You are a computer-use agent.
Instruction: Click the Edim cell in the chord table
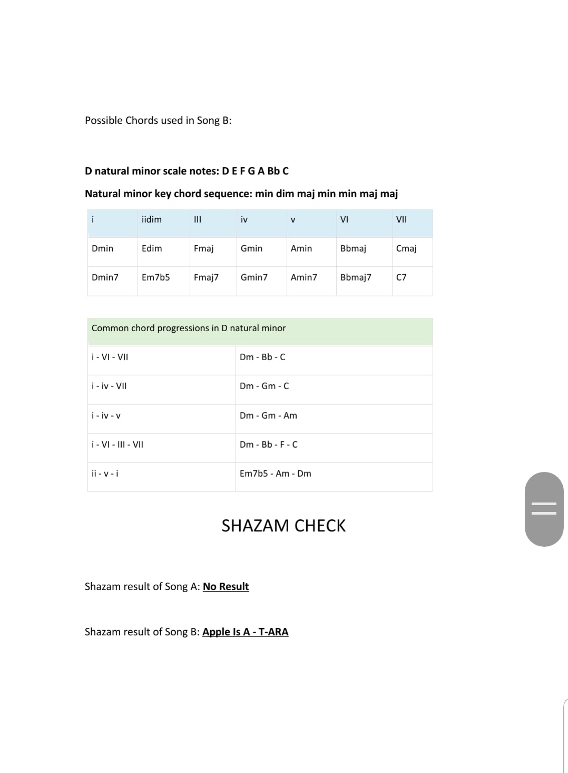152,248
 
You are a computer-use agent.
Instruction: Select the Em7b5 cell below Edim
155,277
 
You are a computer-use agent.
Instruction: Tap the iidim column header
152,219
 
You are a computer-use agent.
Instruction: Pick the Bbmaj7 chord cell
356,277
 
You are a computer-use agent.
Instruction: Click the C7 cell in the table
401,277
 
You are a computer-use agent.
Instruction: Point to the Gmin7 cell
254,277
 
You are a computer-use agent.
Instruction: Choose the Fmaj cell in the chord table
203,248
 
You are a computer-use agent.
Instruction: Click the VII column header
401,219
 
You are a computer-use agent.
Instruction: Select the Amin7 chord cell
304,277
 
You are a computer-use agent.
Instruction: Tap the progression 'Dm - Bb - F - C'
269,445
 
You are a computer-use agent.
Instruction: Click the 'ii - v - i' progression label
105,474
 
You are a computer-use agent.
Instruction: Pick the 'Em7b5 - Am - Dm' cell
276,474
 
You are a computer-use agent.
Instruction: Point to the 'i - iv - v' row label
106,416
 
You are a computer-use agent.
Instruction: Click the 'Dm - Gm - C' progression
265,386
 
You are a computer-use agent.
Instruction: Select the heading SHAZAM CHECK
283,526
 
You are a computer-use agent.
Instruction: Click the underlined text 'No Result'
226,586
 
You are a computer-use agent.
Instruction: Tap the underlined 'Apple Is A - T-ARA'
246,632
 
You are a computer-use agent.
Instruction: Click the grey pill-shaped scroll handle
544,509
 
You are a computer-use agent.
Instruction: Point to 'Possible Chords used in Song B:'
158,120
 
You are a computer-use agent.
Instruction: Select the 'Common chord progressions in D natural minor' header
189,328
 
